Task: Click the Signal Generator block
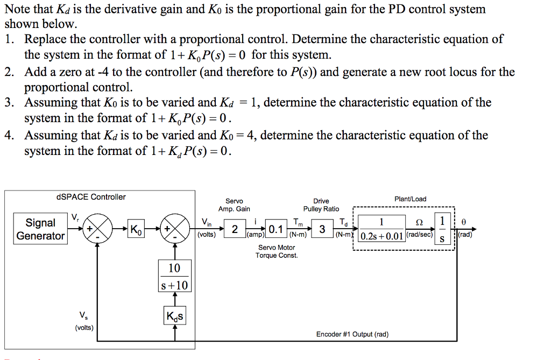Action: pos(40,229)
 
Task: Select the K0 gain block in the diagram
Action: pos(136,230)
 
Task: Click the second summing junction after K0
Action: pos(175,230)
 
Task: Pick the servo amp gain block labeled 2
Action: pos(235,230)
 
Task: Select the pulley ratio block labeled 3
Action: pos(322,230)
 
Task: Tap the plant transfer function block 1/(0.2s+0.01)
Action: pos(382,230)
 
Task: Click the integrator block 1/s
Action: pos(442,230)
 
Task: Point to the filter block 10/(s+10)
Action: pos(175,276)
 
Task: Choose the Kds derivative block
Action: pos(175,316)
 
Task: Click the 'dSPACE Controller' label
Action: pos(91,197)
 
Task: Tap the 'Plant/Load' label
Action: pos(410,199)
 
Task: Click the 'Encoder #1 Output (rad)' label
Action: pos(352,334)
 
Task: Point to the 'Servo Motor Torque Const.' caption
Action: pos(277,251)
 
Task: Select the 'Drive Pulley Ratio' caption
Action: pos(321,205)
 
